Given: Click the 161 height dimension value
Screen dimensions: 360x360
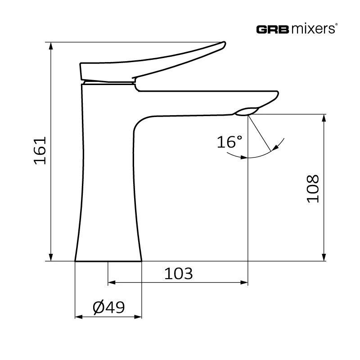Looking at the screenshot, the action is click(40, 151).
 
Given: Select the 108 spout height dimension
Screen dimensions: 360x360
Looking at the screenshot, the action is click(313, 189).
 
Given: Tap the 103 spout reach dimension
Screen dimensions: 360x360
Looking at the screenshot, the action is click(178, 274).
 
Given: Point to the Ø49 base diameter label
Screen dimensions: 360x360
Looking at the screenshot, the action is click(108, 307).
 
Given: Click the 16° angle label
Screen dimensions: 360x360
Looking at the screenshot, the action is click(229, 142).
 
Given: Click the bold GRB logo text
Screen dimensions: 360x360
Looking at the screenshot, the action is click(272, 30).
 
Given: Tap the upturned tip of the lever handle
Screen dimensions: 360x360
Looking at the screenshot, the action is click(224, 44).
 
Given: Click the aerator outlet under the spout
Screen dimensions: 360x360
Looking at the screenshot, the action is click(246, 111).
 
